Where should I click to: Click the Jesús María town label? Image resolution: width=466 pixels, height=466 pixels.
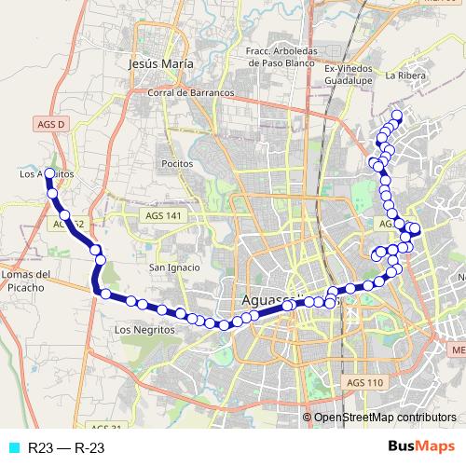click(159, 63)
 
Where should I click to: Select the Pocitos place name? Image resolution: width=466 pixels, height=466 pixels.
click(176, 163)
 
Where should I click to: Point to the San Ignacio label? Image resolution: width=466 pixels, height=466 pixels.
click(175, 267)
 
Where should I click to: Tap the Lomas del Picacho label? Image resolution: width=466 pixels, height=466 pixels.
click(25, 281)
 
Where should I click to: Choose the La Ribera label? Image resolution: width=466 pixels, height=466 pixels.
click(405, 75)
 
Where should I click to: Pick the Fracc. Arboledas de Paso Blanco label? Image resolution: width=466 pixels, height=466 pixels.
click(283, 57)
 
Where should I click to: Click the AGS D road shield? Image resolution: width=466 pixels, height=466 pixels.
click(53, 124)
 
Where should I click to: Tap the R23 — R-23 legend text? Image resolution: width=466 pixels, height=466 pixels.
click(65, 448)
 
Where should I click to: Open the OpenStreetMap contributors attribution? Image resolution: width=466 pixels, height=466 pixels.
click(385, 417)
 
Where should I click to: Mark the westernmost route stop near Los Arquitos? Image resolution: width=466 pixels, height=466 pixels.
click(49, 173)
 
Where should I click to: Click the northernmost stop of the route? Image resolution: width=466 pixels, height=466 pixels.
click(396, 116)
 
